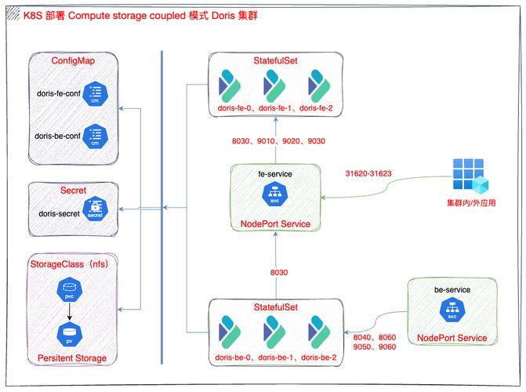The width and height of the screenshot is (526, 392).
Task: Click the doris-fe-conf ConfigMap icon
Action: (x=96, y=94)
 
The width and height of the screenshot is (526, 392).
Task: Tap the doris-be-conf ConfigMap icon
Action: (x=96, y=136)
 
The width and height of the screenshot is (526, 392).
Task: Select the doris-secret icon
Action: (x=96, y=209)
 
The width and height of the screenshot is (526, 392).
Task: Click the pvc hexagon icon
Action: (x=70, y=289)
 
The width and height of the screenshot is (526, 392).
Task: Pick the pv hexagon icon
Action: (x=70, y=334)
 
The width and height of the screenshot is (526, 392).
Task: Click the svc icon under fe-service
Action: (x=275, y=194)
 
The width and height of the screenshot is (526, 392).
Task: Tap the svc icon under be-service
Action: (x=452, y=310)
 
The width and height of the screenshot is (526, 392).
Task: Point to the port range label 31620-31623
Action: (x=368, y=173)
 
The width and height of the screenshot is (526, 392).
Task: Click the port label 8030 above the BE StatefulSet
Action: (x=279, y=272)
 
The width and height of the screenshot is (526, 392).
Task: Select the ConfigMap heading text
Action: (x=73, y=60)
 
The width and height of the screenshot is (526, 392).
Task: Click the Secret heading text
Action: (x=73, y=191)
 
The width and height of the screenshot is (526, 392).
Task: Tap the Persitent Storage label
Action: (x=72, y=358)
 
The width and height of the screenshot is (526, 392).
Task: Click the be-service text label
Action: (x=452, y=289)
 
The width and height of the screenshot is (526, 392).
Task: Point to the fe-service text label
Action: (x=275, y=174)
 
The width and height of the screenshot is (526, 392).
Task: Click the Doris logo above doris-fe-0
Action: (x=230, y=86)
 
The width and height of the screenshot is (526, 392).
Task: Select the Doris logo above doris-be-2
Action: (x=319, y=332)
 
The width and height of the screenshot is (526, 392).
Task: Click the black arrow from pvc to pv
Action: (x=70, y=312)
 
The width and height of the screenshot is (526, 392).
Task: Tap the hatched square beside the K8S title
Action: (x=13, y=14)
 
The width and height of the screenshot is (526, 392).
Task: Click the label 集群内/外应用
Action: (x=471, y=203)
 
